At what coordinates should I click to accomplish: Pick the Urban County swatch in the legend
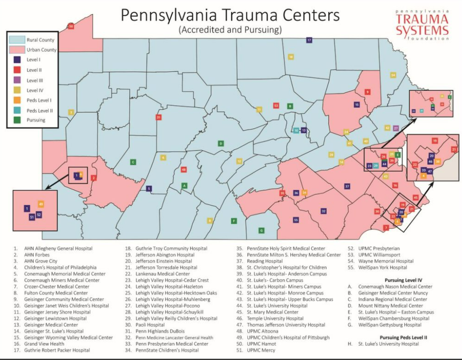pyautogui.click(x=18, y=50)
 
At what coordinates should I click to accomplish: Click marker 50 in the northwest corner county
pyautogui.click(x=71, y=26)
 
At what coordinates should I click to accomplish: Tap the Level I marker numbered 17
pyautogui.click(x=309, y=40)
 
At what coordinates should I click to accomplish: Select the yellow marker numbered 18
pyautogui.click(x=291, y=57)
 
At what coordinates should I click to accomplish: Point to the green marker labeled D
pyautogui.click(x=221, y=144)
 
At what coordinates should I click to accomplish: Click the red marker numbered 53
pyautogui.click(x=276, y=105)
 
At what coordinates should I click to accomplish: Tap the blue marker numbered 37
pyautogui.click(x=347, y=186)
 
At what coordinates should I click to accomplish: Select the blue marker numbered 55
pyautogui.click(x=296, y=220)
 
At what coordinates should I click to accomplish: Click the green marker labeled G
pyautogui.click(x=261, y=230)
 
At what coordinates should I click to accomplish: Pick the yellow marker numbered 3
pyautogui.click(x=71, y=112)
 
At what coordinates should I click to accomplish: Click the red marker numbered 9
pyautogui.click(x=368, y=92)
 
